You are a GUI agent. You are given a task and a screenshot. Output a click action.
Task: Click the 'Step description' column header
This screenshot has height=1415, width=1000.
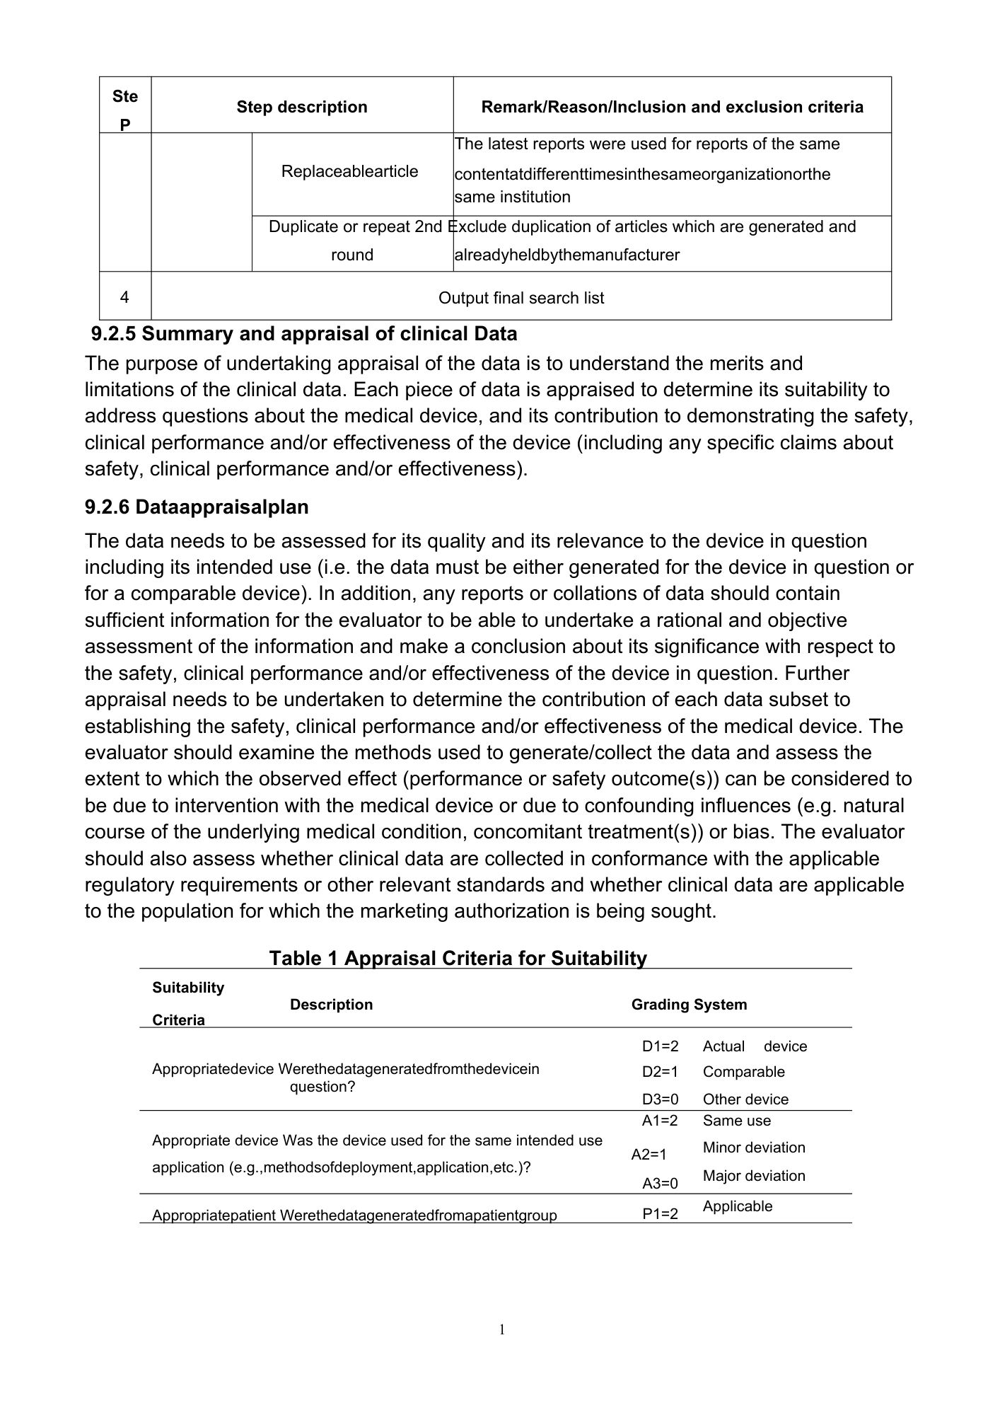coord(302,107)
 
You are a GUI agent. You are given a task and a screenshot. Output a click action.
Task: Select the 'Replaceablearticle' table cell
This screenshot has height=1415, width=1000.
coord(349,171)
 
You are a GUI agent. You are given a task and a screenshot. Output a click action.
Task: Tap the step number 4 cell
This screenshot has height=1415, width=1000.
coord(124,297)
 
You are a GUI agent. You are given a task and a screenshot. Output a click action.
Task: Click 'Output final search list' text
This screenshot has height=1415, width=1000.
coord(521,298)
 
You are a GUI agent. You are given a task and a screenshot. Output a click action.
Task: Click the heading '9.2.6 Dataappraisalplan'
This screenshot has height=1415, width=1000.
coord(197,507)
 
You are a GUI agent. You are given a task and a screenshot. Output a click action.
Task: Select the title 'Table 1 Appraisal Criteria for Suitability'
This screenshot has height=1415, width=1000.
coord(458,958)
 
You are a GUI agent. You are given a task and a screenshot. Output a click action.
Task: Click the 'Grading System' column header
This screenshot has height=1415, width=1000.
coord(689,1005)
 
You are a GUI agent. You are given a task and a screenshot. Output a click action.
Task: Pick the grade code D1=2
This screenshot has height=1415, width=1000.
coord(660,1046)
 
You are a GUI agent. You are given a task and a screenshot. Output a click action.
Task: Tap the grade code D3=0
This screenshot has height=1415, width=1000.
coord(660,1099)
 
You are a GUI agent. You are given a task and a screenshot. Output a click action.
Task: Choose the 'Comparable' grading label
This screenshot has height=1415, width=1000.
coord(743,1072)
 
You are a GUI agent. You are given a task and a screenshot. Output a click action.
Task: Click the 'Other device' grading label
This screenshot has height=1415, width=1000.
coord(745,1099)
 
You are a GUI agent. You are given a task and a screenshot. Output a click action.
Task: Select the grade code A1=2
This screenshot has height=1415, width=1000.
coord(660,1121)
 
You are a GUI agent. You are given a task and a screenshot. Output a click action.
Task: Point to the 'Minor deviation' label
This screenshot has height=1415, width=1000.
coord(754,1148)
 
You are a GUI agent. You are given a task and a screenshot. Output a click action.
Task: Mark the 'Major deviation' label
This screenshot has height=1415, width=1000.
coord(754,1176)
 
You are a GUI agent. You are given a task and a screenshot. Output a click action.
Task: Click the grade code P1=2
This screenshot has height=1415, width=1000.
coord(660,1214)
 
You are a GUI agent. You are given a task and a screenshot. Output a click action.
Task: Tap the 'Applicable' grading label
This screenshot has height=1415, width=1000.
coord(738,1206)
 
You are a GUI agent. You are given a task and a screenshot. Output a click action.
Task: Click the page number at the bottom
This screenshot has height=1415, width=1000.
coord(502,1330)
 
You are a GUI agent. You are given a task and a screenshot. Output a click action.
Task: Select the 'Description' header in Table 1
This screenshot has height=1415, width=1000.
coord(331,1005)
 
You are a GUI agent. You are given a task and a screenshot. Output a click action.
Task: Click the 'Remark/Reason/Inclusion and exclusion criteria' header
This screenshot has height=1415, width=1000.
coord(672,107)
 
